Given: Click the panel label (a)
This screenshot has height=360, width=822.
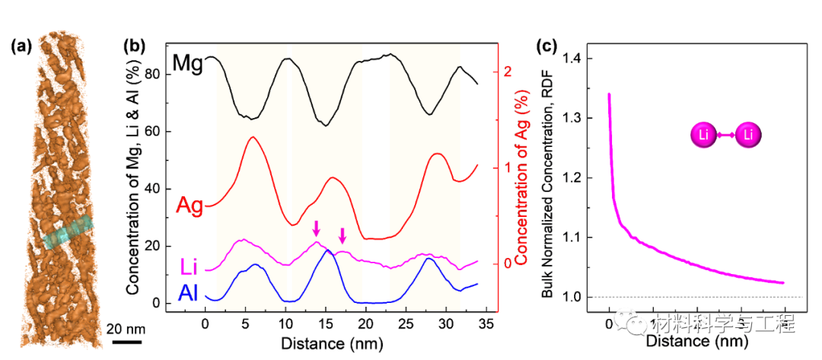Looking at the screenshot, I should click(x=21, y=46).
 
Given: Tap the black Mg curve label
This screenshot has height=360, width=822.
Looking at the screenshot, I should click(x=186, y=63).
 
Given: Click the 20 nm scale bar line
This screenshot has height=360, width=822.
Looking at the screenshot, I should click(x=122, y=341).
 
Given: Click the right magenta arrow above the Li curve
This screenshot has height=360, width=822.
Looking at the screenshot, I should click(x=342, y=234).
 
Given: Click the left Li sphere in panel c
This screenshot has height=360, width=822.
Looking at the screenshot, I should click(x=705, y=135).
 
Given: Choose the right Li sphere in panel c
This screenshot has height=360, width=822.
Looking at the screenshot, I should click(x=749, y=135).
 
